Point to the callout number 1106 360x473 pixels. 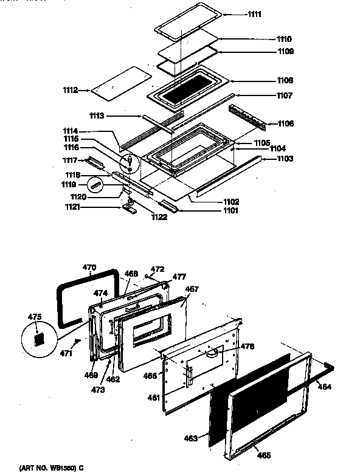pos(285,123)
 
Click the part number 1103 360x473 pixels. pos(285,159)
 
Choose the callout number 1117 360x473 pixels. pos(71,160)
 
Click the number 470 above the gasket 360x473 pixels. pos(89,266)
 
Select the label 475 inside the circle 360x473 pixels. pos(35,316)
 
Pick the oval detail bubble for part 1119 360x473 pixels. pos(96,184)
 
